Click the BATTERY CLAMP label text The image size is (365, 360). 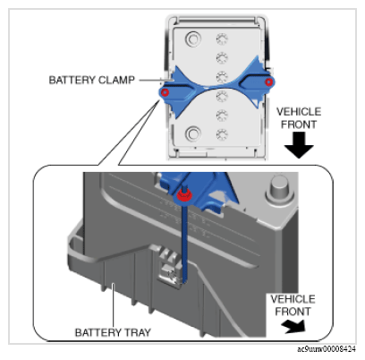(91, 80)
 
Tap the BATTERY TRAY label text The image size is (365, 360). (113, 332)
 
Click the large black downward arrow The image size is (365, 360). (299, 145)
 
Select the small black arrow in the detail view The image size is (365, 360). (294, 326)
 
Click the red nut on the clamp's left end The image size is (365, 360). (165, 92)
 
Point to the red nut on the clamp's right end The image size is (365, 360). (269, 81)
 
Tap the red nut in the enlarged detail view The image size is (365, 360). (184, 195)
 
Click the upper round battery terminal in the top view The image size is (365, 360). (193, 39)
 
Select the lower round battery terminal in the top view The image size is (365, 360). (193, 133)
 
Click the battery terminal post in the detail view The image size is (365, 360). (279, 189)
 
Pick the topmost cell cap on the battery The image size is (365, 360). (222, 39)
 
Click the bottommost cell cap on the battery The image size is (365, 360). (222, 134)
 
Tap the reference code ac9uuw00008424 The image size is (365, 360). (327, 348)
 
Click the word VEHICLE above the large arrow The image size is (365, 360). (299, 112)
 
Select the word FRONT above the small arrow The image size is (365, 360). (293, 312)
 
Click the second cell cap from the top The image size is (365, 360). (222, 57)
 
